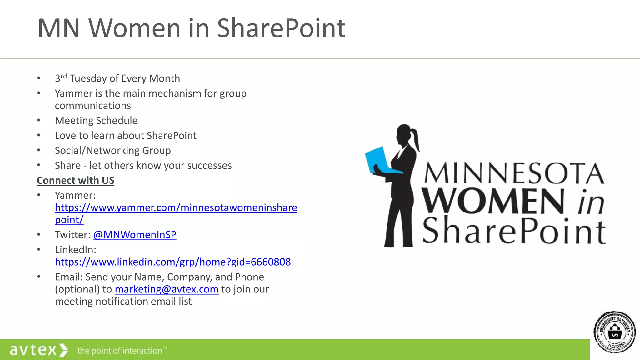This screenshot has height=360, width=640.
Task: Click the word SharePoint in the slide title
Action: pos(281,28)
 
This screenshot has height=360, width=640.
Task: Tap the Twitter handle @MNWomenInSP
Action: pos(135,235)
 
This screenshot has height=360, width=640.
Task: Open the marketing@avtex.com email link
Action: pos(167,289)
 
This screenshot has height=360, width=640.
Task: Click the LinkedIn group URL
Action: pos(173,262)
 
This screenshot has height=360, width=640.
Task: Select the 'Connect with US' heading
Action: pos(76,180)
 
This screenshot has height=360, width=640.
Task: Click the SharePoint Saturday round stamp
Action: pos(614,332)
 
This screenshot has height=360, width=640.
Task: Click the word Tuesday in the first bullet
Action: pos(88,78)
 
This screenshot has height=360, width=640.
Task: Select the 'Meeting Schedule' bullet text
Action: pos(96,121)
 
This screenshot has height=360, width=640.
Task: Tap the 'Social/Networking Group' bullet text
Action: pos(113,151)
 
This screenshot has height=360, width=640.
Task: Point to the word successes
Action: pos(209,166)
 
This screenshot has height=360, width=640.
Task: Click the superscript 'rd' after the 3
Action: pos(64,76)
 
